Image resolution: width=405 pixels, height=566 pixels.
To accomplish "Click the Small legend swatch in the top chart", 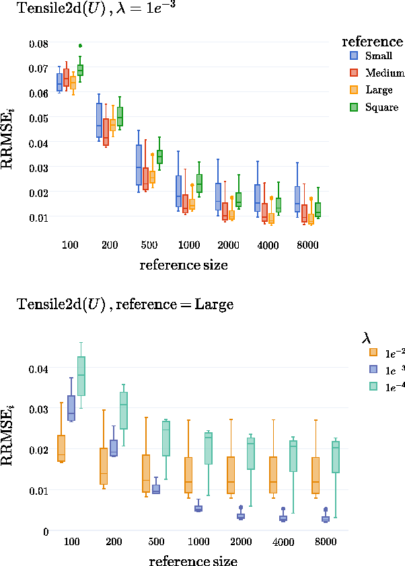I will [x=353, y=56].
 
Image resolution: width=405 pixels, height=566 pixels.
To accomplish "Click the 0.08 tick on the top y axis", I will [x=39, y=43].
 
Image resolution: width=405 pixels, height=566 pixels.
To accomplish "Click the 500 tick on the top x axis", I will [x=150, y=245].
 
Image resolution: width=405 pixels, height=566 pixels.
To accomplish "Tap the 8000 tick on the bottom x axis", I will [x=308, y=542].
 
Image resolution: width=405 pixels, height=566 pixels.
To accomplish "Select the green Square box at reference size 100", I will [x=80, y=70].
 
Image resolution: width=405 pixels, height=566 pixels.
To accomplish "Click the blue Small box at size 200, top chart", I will [x=99, y=120].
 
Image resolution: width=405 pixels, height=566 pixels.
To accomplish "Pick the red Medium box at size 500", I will [x=145, y=179].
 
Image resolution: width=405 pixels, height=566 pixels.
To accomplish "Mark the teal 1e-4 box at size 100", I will [x=81, y=376].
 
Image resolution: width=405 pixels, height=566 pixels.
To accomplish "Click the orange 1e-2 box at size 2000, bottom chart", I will [x=231, y=475].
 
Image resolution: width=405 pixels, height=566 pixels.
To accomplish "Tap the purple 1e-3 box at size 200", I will [x=114, y=448].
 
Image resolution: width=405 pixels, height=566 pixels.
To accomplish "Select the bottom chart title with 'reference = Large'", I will [x=124, y=305].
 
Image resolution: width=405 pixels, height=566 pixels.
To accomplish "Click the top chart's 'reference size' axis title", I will [x=184, y=265].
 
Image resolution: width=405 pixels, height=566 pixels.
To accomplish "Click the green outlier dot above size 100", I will [x=80, y=46].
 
